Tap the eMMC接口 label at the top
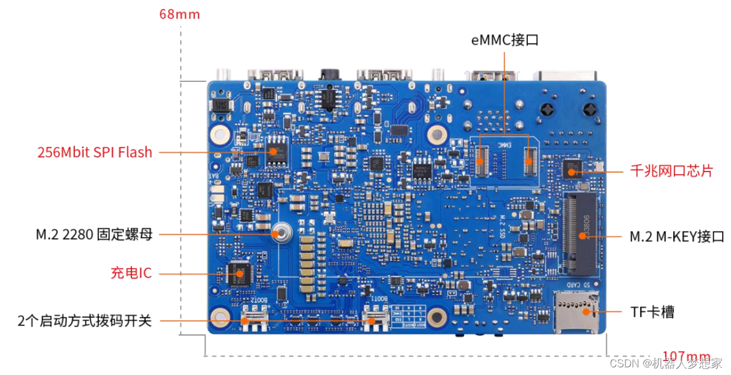pos(505,40)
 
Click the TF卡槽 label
pos(653,312)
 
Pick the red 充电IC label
pos(131,273)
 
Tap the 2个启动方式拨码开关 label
pos(85,321)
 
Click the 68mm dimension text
pos(180,14)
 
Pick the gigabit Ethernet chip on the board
pos(572,169)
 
